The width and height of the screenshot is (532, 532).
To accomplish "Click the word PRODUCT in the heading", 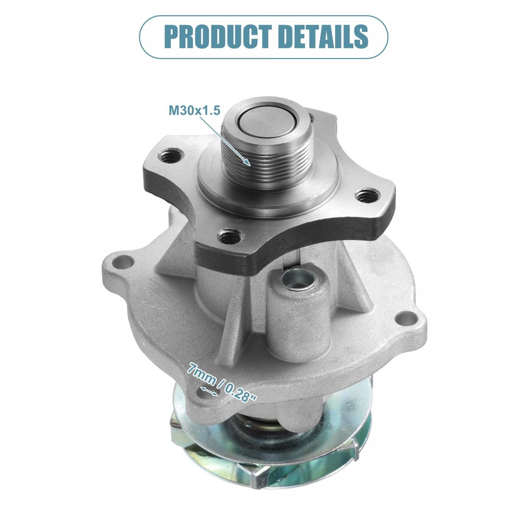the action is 218,37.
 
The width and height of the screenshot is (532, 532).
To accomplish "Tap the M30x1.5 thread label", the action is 194,110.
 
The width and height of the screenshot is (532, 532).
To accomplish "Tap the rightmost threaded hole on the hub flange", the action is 366,196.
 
